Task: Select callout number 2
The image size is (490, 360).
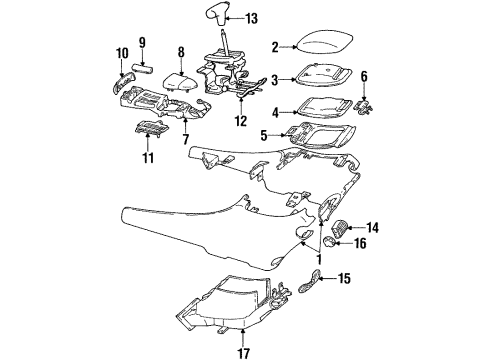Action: tap(274, 46)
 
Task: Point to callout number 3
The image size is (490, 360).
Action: tap(274, 76)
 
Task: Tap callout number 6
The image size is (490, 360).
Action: tap(364, 75)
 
